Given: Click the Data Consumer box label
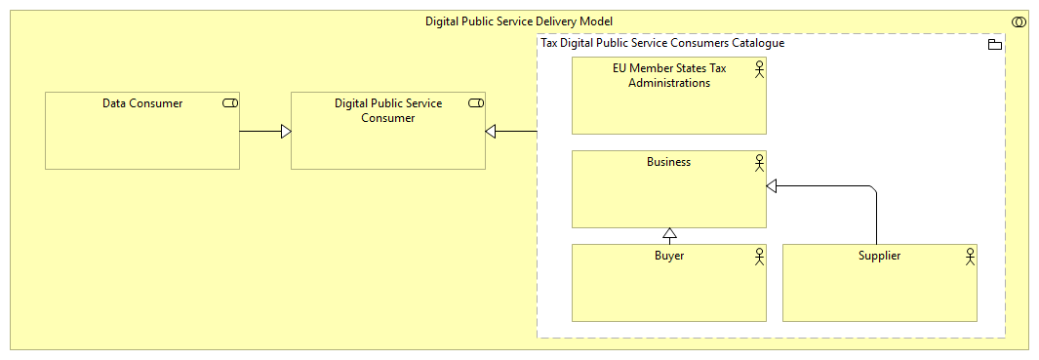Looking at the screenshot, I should (x=141, y=103).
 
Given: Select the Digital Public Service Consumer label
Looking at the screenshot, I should (x=387, y=110).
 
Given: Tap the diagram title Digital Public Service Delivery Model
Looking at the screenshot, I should (x=519, y=21).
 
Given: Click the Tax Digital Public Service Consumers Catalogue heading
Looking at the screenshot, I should (x=662, y=44).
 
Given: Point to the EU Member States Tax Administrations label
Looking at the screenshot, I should (x=668, y=75).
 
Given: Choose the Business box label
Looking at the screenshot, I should (x=668, y=162).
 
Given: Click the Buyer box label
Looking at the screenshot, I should (x=668, y=256).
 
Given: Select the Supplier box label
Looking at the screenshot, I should (x=879, y=256).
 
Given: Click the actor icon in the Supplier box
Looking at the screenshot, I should (x=969, y=257).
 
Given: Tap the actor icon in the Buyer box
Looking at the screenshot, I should (x=758, y=257).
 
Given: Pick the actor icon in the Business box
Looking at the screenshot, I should (x=758, y=163).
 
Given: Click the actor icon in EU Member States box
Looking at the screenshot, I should (x=758, y=69).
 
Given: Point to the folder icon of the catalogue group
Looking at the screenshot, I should (x=995, y=45).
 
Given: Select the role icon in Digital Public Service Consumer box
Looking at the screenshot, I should (x=476, y=103).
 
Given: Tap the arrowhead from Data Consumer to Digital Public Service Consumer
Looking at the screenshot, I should (x=285, y=131).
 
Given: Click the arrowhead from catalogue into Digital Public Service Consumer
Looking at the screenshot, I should (x=492, y=131).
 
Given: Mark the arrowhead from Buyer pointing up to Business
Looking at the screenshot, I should (x=668, y=235).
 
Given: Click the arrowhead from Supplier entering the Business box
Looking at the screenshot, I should (x=773, y=185).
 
